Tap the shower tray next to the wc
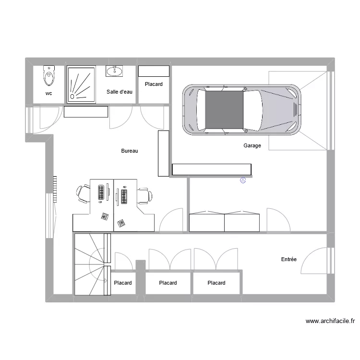pyautogui.click(x=81, y=84)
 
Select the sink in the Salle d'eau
pyautogui.click(x=114, y=72)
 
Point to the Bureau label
pyautogui.click(x=130, y=151)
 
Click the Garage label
pyautogui.click(x=252, y=146)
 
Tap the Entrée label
pyautogui.click(x=288, y=260)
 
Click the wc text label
pyautogui.click(x=49, y=94)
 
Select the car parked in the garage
pyautogui.click(x=242, y=110)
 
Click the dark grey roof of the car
pyautogui.click(x=224, y=110)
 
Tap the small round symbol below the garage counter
pyautogui.click(x=242, y=180)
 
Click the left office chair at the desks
pyautogui.click(x=83, y=193)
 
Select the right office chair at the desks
pyautogui.click(x=145, y=196)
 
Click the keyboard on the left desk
pyautogui.click(x=101, y=193)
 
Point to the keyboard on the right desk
pyautogui.click(x=124, y=195)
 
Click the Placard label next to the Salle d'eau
pyautogui.click(x=154, y=84)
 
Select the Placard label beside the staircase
pyautogui.click(x=123, y=283)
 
